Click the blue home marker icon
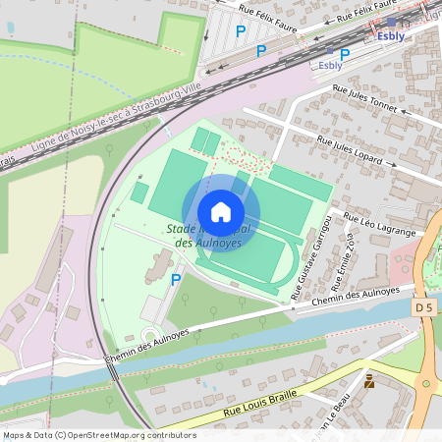(x=220, y=211)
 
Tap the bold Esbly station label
(x=391, y=36)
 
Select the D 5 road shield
(x=423, y=308)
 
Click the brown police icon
(x=369, y=380)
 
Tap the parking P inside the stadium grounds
(x=176, y=280)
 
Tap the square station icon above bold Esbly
(x=391, y=22)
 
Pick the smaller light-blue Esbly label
(x=330, y=66)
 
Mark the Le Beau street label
(x=339, y=412)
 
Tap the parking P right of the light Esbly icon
(x=344, y=54)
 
